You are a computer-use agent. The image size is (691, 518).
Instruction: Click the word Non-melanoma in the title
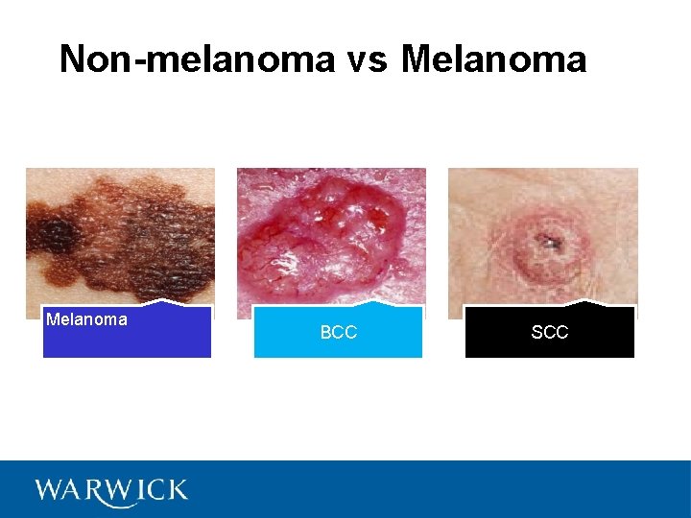pos(197,59)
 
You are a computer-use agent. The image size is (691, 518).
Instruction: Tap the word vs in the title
pos(368,59)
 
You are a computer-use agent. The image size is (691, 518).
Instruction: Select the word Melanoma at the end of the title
pos(493,59)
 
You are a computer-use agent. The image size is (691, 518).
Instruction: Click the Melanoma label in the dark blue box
pos(86,319)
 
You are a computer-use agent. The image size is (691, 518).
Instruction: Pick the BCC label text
pos(338,333)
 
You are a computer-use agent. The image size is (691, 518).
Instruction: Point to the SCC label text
pos(549,333)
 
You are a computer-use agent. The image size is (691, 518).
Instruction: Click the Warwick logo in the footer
pos(111,490)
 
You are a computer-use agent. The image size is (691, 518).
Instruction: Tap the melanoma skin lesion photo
pos(120,235)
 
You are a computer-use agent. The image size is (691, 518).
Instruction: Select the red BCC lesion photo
pos(331,235)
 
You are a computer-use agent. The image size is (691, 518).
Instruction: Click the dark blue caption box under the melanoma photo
pos(127,341)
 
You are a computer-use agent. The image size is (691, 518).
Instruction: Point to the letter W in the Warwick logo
pos(49,490)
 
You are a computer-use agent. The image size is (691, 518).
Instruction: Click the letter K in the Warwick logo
pos(176,490)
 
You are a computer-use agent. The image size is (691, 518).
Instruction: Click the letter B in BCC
pos(325,333)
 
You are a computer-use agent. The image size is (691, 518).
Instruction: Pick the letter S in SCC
pos(536,333)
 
